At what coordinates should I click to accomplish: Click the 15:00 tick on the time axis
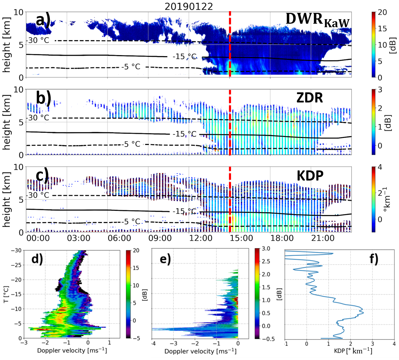coord(243,239)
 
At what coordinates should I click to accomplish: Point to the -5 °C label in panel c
coord(130,222)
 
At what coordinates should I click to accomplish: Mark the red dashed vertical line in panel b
coord(230,122)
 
